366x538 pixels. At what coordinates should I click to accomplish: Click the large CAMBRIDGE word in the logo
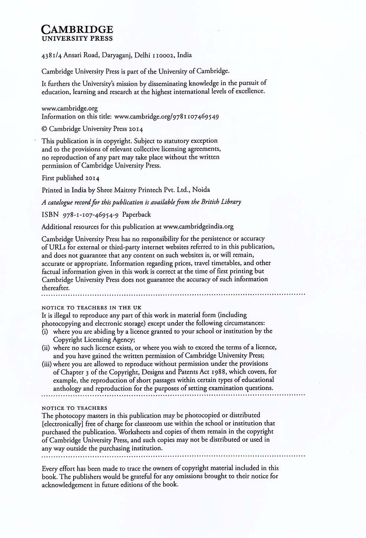click(x=77, y=29)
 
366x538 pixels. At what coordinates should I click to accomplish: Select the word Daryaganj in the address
click(x=115, y=56)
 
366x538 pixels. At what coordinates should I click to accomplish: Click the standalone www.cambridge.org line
click(x=70, y=108)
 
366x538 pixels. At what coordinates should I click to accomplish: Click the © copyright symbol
click(x=44, y=129)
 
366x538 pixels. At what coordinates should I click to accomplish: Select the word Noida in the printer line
click(x=201, y=190)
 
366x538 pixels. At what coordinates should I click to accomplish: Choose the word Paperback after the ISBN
click(x=137, y=215)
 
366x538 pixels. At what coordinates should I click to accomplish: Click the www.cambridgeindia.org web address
click(x=198, y=227)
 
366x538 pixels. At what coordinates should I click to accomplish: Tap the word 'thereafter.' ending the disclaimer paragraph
click(x=56, y=288)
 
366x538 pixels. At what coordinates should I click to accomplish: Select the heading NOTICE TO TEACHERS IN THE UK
click(x=91, y=308)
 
